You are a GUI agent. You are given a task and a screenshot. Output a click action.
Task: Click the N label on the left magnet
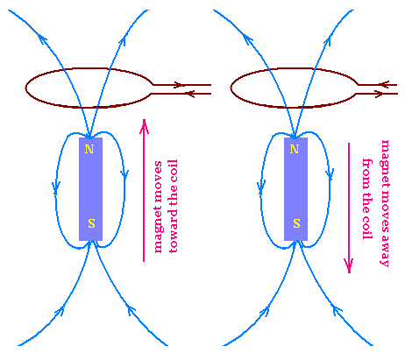pos(89,149)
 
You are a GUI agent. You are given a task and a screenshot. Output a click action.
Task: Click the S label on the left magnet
pos(91,223)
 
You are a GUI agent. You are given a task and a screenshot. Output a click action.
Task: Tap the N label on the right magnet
pos(295,149)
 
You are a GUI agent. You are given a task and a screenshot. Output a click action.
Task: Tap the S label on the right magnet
pos(296,223)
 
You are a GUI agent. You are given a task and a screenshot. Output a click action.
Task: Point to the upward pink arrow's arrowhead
pos(144,126)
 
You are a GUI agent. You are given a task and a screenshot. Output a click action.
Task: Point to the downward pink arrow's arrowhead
pos(349,265)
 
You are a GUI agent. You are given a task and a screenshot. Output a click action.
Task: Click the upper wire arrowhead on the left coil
pos(178,85)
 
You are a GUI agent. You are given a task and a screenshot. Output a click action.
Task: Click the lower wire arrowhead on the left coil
pos(190,94)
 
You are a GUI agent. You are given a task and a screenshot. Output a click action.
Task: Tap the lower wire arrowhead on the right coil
pos(379,94)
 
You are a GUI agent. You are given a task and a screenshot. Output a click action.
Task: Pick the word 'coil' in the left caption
pos(173,167)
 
